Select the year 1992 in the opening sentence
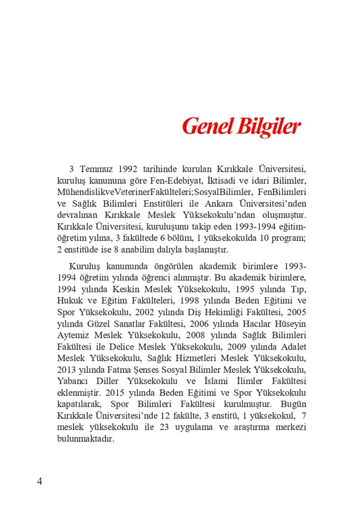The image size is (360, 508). (x=129, y=169)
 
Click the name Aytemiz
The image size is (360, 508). (x=73, y=336)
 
